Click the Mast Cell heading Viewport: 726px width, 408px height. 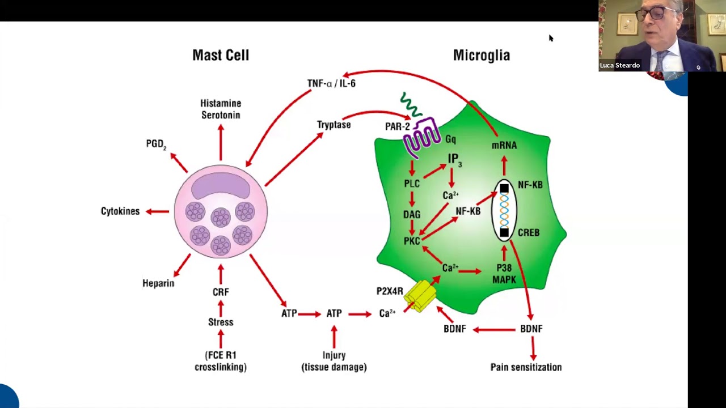coord(221,55)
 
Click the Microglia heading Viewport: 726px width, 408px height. coord(481,55)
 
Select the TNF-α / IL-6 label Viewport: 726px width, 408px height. coord(331,83)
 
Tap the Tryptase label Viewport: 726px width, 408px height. coord(334,125)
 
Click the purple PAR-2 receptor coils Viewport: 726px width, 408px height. coord(423,136)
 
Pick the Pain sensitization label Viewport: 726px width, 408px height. coord(526,367)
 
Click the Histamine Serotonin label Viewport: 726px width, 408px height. coord(221,109)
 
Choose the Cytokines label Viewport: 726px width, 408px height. coord(120,211)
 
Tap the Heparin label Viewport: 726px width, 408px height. coord(158,283)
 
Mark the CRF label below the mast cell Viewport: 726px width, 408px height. coord(221,292)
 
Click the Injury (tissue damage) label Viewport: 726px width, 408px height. coord(334,361)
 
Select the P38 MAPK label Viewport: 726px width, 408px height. coord(504,274)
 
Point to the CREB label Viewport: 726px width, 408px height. coord(528,232)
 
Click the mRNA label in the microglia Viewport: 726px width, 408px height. coord(504,146)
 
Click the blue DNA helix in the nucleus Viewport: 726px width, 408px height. coord(504,210)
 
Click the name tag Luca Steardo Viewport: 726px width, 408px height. coord(620,65)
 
